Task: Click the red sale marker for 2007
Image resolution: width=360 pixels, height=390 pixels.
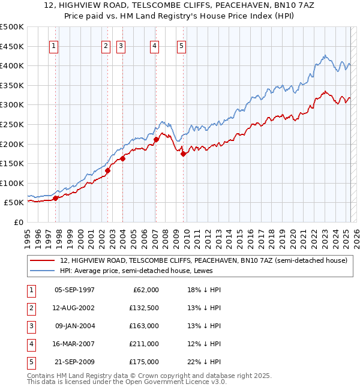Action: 156,140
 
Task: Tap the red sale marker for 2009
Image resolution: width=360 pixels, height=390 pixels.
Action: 183,154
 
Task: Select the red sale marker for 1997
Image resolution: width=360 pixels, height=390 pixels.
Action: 55,198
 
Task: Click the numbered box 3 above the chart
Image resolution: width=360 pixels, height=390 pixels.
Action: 121,45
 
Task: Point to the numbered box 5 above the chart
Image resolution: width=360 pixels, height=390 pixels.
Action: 181,45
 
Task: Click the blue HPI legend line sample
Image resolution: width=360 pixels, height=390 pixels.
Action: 43,270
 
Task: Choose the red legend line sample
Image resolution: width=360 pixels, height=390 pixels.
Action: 43,260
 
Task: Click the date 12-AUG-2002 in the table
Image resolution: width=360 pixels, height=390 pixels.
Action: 74,308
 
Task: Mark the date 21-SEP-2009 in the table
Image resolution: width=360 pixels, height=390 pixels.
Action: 74,362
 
